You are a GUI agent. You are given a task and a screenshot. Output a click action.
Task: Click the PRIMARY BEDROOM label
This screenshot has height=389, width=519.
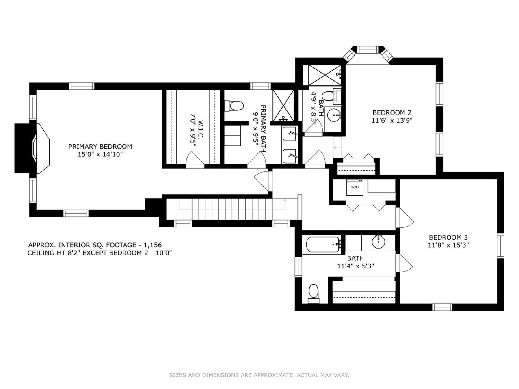[100, 147]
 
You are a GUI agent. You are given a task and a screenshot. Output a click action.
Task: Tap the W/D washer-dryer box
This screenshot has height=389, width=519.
[354, 187]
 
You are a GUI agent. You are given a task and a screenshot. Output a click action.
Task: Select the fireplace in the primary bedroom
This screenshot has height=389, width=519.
[32, 148]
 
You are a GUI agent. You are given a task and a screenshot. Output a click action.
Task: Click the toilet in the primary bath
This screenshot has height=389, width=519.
[234, 106]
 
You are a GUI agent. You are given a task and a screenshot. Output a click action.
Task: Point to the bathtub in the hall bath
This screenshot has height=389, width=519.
[324, 245]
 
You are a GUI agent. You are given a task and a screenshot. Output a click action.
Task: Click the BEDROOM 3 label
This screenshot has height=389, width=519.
[449, 237]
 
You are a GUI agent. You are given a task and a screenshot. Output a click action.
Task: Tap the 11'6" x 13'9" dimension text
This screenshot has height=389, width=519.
[392, 121]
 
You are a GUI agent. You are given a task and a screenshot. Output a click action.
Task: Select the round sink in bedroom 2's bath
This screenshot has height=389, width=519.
[333, 115]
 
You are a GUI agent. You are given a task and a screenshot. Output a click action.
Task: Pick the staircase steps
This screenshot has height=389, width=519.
[231, 210]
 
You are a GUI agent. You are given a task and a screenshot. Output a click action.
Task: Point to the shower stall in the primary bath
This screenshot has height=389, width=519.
[283, 105]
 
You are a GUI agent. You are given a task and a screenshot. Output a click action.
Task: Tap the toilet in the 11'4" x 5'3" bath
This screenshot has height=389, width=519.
[314, 294]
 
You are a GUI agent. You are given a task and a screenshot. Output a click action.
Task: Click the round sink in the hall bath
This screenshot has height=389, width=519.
[378, 241]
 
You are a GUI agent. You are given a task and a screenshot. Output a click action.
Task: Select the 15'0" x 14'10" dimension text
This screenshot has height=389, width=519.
[100, 155]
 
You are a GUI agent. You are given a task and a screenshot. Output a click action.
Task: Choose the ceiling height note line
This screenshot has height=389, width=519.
[99, 253]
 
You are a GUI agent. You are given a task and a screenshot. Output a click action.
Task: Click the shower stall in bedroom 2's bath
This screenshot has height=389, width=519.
[325, 75]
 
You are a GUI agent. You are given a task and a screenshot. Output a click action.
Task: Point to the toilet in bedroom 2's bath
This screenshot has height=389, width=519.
[330, 96]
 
